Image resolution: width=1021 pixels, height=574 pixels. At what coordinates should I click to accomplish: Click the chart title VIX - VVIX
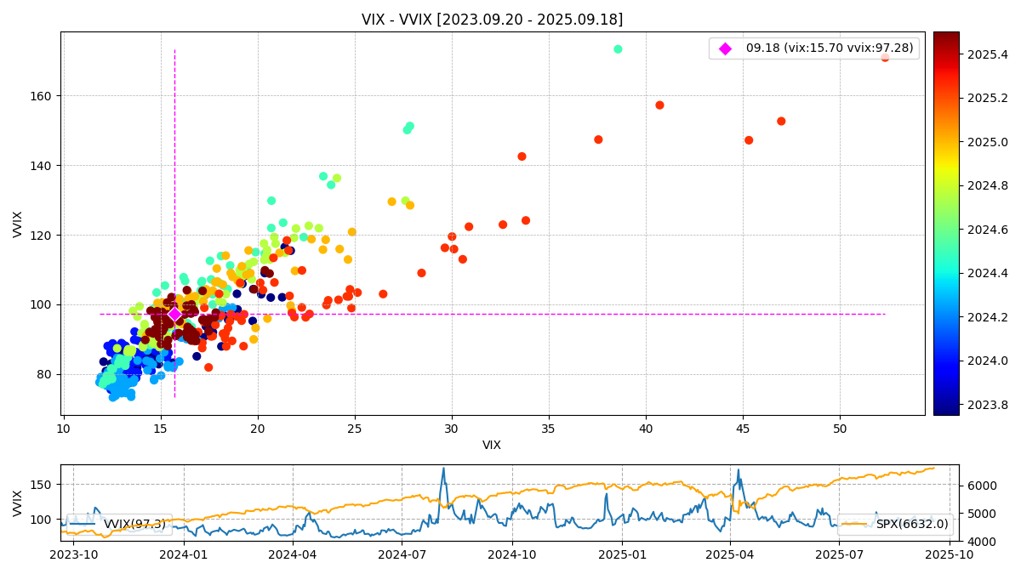point(492,20)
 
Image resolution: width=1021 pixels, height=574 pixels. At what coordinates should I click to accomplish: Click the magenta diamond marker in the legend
point(725,48)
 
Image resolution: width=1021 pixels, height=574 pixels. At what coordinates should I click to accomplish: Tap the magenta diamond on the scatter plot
point(174,314)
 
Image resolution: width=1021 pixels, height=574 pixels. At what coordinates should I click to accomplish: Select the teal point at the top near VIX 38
point(618,49)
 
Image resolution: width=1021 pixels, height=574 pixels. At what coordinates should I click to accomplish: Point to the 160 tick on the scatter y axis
point(43,96)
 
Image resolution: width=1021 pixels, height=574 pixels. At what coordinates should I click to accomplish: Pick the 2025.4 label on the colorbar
point(987,54)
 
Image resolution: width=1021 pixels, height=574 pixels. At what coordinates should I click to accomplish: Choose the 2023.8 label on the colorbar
point(987,405)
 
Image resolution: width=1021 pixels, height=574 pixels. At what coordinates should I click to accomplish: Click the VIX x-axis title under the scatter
point(492,445)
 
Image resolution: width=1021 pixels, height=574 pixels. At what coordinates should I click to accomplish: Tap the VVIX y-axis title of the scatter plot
point(18,224)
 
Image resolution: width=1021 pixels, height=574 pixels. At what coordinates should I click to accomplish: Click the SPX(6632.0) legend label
point(912,525)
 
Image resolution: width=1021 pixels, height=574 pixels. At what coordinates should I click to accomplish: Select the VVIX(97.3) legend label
point(134,525)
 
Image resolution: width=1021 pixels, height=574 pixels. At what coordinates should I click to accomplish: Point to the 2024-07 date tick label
point(402,554)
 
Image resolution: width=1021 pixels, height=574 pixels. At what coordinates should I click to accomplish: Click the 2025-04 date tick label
point(730,554)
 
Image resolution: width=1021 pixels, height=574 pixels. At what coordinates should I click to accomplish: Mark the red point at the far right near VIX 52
point(885,58)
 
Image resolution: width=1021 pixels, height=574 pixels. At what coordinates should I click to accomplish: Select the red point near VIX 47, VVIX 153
point(781,122)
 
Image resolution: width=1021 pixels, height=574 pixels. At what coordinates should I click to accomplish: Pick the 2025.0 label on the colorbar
point(987,142)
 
